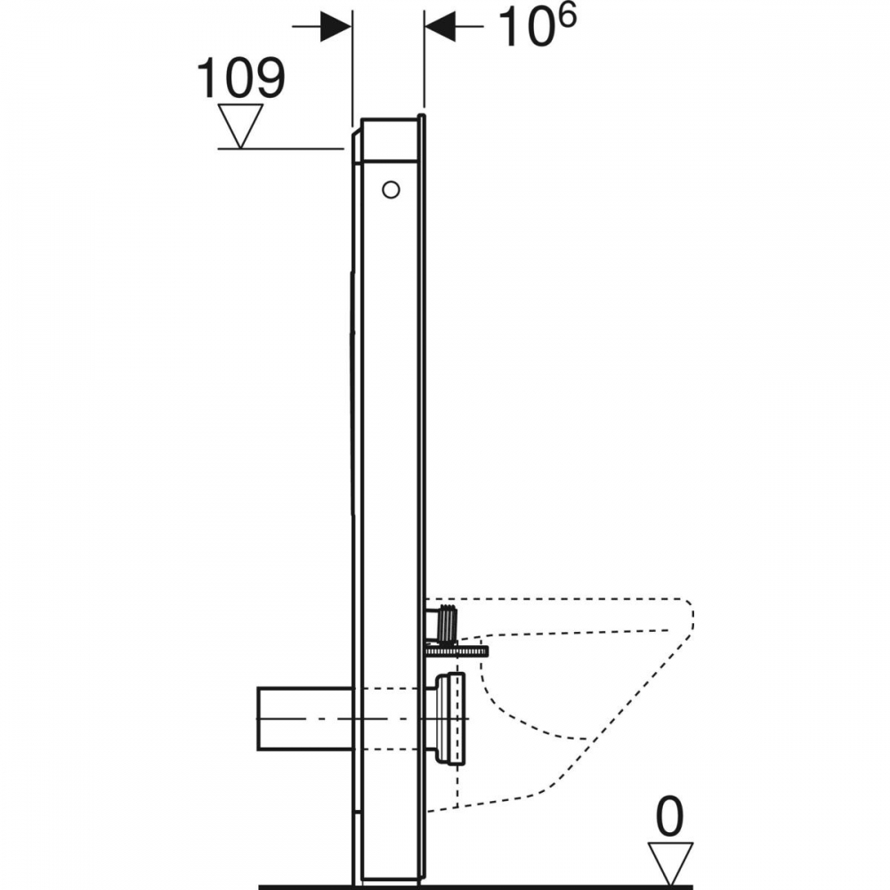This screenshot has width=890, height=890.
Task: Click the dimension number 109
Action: point(240,77)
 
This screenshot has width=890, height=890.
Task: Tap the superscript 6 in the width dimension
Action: point(565,16)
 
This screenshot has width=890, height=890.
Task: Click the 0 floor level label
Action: point(670,817)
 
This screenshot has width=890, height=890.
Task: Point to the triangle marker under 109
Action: point(240,125)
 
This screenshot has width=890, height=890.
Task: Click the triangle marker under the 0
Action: point(671,862)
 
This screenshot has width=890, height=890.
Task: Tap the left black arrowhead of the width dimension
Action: point(335,26)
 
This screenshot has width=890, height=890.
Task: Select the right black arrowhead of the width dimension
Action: point(440,26)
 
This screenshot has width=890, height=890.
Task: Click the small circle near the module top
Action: point(391,190)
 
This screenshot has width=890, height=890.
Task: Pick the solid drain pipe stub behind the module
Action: point(304,718)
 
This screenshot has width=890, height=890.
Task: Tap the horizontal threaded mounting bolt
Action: point(456,651)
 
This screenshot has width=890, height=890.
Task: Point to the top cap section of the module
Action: point(391,140)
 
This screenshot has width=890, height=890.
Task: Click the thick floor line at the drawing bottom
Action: point(475,886)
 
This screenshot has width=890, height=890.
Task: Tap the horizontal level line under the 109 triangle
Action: point(281,149)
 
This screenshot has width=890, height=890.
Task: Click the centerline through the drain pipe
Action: point(363,718)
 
